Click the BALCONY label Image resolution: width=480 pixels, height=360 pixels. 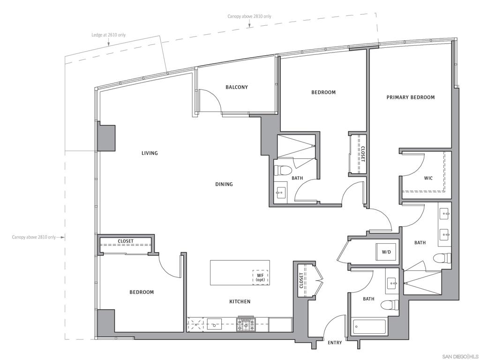point(237,87)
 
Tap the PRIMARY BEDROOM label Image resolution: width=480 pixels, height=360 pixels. point(411,97)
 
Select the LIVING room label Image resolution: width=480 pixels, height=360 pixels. point(150,153)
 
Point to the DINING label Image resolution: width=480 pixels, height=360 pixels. point(224,184)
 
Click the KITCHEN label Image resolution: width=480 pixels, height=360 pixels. point(240,301)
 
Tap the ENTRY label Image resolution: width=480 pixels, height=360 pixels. point(335,343)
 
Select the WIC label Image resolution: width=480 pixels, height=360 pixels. point(428,178)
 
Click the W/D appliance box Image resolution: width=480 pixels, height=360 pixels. point(387,252)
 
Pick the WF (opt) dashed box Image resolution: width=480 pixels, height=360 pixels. point(261,277)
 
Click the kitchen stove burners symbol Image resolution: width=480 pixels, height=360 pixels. point(246,324)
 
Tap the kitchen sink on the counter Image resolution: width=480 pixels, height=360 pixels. point(215,323)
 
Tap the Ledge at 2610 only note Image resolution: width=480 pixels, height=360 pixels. point(109,35)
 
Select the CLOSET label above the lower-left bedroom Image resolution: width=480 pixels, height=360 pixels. point(126,241)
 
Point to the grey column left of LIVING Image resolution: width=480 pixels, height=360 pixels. point(106,138)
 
